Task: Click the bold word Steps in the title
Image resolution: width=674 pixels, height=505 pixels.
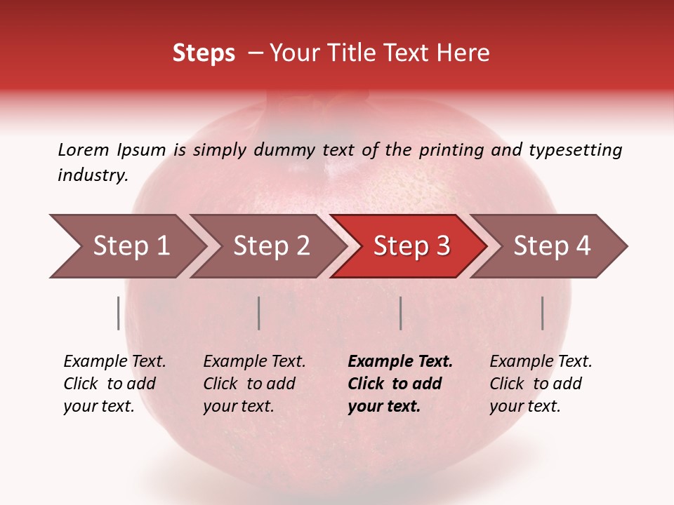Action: (204, 53)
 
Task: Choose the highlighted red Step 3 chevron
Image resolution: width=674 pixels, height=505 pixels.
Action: (411, 246)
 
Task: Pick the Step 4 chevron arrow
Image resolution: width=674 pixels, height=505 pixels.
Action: (552, 246)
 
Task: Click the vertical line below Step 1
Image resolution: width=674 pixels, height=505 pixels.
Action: (119, 313)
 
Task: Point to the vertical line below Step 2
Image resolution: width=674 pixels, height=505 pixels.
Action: (259, 313)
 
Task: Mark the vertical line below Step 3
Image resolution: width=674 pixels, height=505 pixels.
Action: (400, 313)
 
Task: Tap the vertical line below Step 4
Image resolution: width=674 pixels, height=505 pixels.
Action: (543, 313)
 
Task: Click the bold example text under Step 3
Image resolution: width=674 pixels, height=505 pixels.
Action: (400, 384)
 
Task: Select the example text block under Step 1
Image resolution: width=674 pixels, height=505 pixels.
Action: (114, 384)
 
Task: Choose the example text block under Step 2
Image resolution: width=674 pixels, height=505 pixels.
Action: (254, 384)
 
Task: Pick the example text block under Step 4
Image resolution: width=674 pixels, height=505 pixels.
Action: (541, 384)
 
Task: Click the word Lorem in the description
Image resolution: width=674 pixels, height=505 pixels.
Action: (83, 150)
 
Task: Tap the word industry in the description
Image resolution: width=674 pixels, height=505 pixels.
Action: (93, 175)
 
